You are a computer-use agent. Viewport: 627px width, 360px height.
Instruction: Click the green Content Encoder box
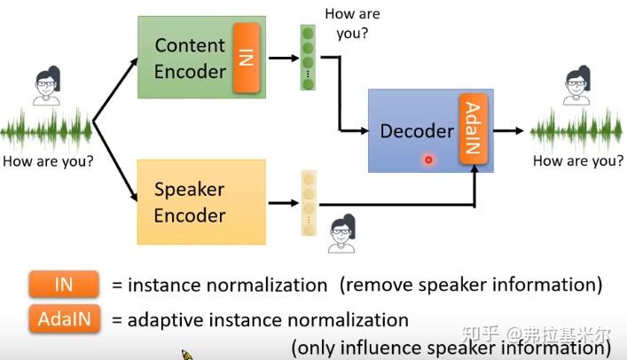pos(186,57)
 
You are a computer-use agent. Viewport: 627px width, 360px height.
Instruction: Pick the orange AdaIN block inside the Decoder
pos(472,130)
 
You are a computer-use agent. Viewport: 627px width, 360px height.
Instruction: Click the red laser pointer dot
pos(428,160)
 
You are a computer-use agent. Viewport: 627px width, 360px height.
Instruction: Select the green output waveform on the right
pos(576,131)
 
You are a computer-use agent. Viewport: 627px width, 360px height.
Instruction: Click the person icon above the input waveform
pos(46,88)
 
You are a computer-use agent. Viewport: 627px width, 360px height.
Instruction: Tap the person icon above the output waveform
pos(576,88)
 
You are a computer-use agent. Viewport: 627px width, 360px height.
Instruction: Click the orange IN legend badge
pos(63,285)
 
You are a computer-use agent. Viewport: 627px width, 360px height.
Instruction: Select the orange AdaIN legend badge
pos(63,319)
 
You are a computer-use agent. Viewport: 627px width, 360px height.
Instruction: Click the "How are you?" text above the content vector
pos(352,24)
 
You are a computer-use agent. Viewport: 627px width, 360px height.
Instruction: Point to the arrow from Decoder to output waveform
pos(509,131)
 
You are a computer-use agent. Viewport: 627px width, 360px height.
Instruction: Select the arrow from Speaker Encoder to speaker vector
pos(283,202)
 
